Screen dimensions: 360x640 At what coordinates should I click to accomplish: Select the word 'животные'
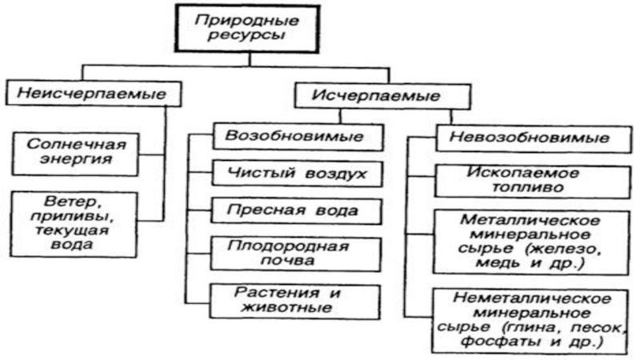pyautogui.click(x=286, y=307)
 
